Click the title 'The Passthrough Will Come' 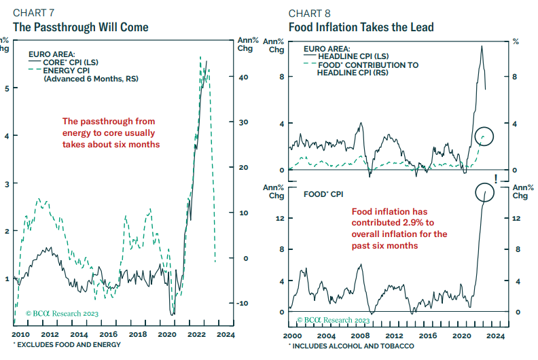tap(80, 28)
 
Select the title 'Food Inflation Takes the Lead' tap(361, 28)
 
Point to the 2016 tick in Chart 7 tap(108, 336)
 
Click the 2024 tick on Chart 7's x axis tap(227, 336)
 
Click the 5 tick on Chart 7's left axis tap(6, 88)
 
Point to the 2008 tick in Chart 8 tap(359, 336)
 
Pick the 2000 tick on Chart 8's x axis tap(291, 336)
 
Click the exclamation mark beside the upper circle tap(496, 179)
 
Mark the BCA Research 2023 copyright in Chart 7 tap(62, 313)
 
